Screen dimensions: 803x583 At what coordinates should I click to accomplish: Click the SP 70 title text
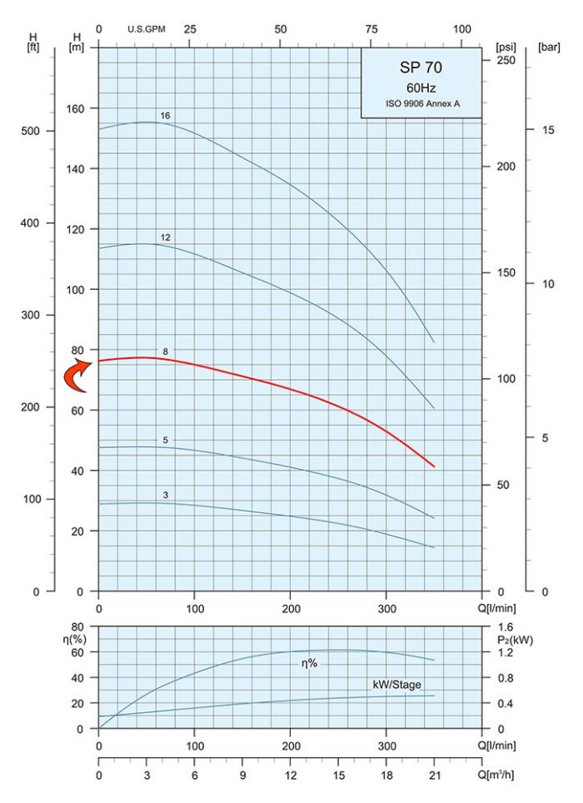tap(421, 68)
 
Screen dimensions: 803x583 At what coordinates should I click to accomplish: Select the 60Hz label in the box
tap(421, 87)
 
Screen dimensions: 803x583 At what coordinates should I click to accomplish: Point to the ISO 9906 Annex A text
tap(421, 104)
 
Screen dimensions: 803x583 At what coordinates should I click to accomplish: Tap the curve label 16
tap(166, 115)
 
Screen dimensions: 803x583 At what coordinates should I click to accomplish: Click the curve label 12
tap(166, 237)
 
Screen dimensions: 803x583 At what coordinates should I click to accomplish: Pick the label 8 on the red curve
tap(166, 352)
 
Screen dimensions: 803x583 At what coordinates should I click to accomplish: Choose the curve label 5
tap(166, 440)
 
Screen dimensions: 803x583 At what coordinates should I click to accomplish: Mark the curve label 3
tap(166, 496)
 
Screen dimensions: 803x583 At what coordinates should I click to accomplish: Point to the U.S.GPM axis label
tap(147, 29)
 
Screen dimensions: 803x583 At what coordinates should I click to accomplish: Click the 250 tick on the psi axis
tap(506, 61)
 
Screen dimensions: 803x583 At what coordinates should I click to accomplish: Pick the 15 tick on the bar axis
tap(548, 130)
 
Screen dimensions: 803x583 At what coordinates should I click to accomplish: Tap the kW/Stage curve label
tap(396, 685)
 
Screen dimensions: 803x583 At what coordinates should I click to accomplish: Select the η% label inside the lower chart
tap(310, 663)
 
